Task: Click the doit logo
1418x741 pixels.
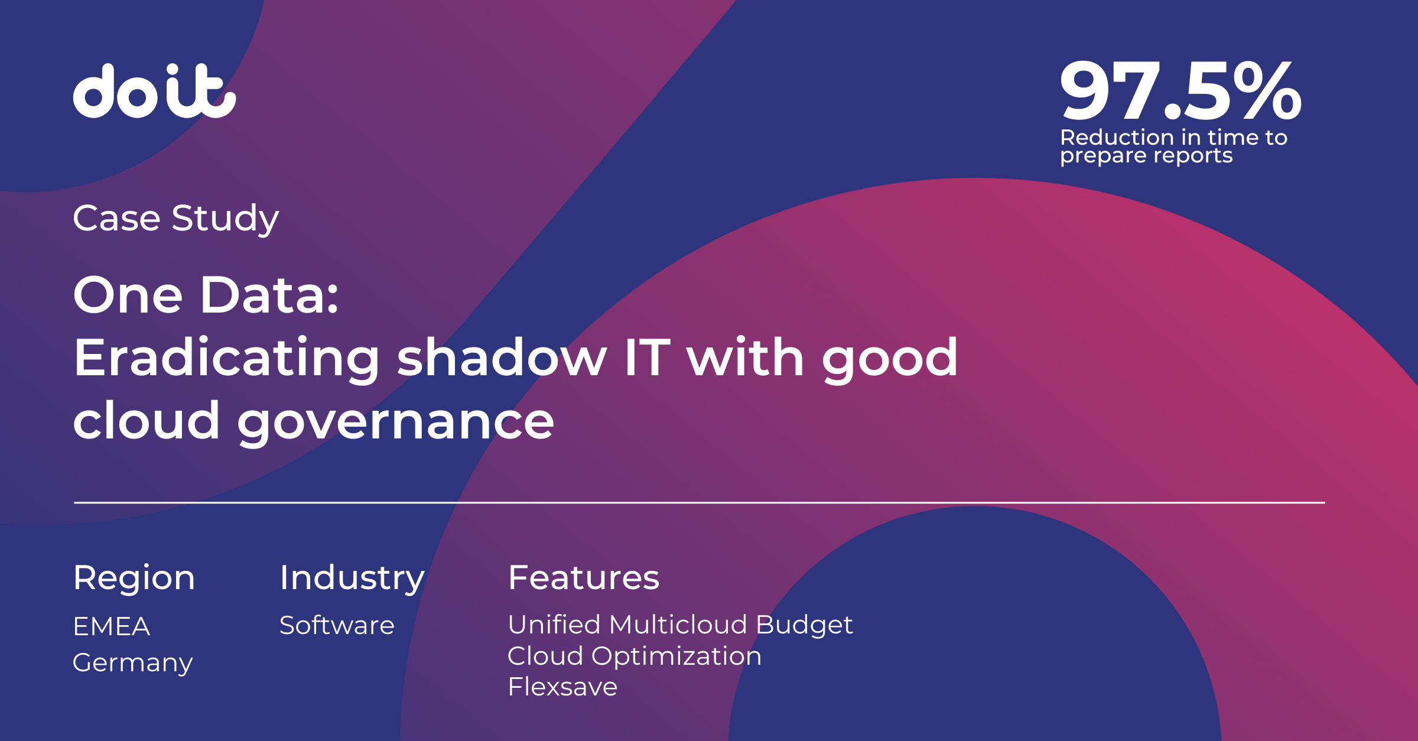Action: [x=154, y=92]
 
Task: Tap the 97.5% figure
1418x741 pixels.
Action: [x=1180, y=92]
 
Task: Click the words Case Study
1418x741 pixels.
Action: [x=175, y=218]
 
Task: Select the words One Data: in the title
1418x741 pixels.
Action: [x=206, y=295]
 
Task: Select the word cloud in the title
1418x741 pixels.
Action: [x=147, y=421]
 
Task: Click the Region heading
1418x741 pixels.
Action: [x=134, y=578]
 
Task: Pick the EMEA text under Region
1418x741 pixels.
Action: [x=111, y=626]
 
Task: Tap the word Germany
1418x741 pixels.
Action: [x=132, y=663]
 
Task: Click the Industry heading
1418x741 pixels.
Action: [x=352, y=578]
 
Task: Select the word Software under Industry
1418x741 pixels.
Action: [x=337, y=625]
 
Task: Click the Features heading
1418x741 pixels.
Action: [x=583, y=577]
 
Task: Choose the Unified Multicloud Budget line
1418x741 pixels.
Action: [x=680, y=625]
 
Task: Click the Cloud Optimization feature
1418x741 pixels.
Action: [x=635, y=656]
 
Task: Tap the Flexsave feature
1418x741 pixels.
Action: [x=562, y=687]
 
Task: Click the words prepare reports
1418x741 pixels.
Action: [x=1146, y=155]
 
